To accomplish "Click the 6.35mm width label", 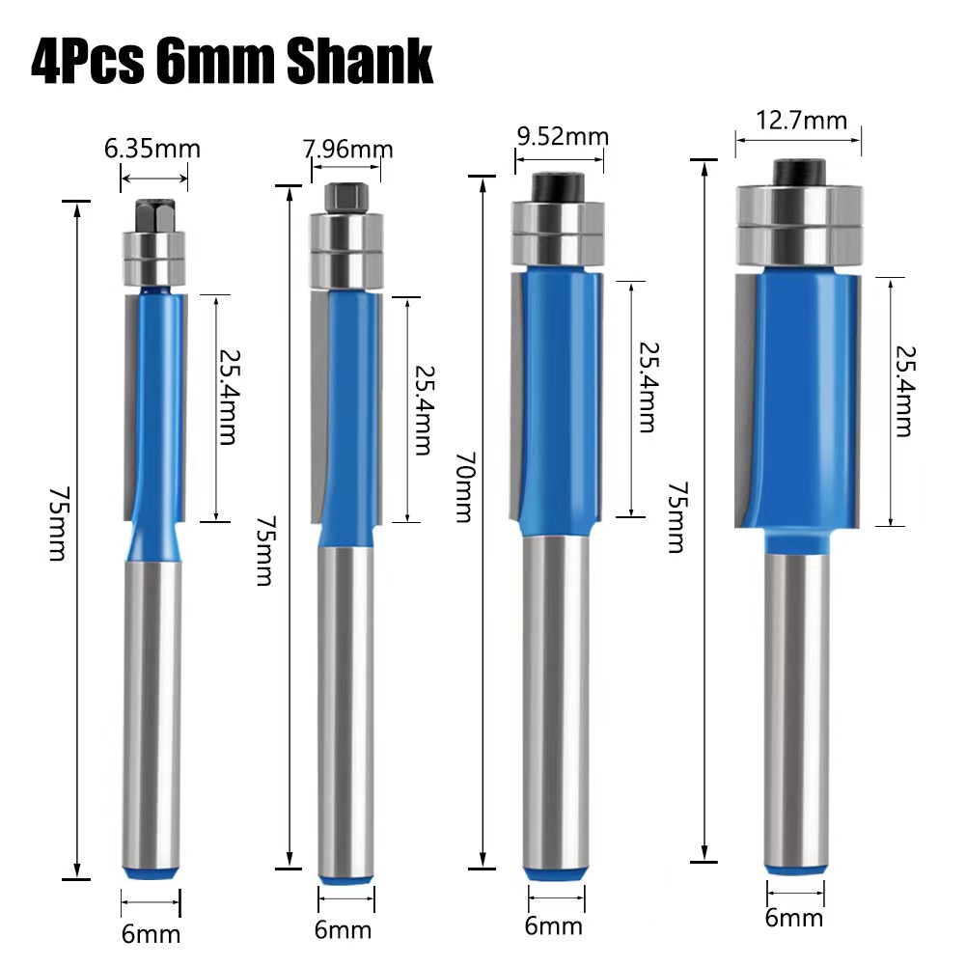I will click(152, 149).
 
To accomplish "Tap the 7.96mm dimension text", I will click(347, 149).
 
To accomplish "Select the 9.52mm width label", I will click(563, 136).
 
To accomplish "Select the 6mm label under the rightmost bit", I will click(794, 918).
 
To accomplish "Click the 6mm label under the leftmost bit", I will click(152, 933).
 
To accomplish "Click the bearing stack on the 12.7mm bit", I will click(797, 223).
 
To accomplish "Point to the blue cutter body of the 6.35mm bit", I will click(154, 405).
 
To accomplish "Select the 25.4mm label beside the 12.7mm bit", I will click(903, 392).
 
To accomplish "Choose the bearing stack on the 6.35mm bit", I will click(152, 254).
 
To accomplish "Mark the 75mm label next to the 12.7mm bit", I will click(673, 516).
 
